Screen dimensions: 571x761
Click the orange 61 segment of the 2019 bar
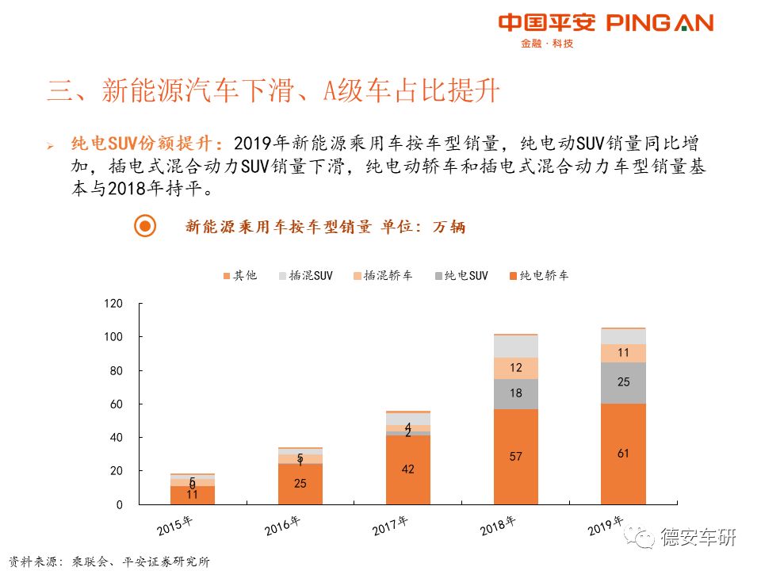click(622, 454)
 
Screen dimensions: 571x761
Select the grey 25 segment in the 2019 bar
click(622, 383)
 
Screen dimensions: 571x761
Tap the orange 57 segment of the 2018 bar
click(515, 457)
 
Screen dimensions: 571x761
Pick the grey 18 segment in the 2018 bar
click(515, 394)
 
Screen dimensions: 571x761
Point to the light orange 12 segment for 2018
click(515, 368)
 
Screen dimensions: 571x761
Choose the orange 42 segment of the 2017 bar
click(408, 469)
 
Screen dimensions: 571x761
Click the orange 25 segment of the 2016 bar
click(300, 484)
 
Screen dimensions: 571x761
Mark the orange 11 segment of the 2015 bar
click(193, 495)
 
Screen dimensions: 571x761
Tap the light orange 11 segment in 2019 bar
click(622, 353)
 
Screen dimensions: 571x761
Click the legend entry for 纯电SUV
click(461, 276)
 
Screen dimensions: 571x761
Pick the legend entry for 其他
click(240, 276)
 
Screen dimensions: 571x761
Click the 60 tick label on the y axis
click(117, 404)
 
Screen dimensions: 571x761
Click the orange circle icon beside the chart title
click(145, 227)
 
